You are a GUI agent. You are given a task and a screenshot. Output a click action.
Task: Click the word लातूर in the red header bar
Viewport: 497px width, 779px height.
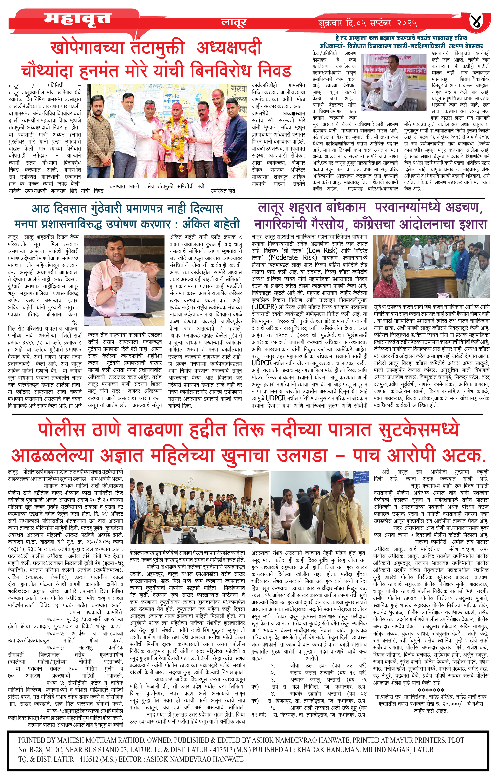coord(234,23)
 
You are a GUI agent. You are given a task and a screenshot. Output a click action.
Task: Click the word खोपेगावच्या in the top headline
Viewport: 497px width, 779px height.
coord(87,48)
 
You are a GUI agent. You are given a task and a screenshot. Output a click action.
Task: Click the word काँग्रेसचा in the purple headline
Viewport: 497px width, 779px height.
coord(376,224)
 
